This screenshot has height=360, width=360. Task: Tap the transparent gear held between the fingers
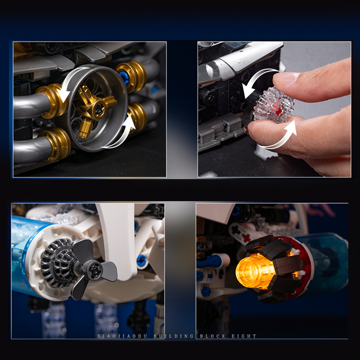point(274,105)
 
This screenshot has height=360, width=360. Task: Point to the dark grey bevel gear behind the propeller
point(58,262)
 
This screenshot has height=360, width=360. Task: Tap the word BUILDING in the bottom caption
point(174,336)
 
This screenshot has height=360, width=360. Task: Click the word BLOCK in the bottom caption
point(212,336)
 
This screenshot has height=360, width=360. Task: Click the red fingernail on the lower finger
point(247,132)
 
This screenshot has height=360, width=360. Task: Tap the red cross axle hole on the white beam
point(247,238)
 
